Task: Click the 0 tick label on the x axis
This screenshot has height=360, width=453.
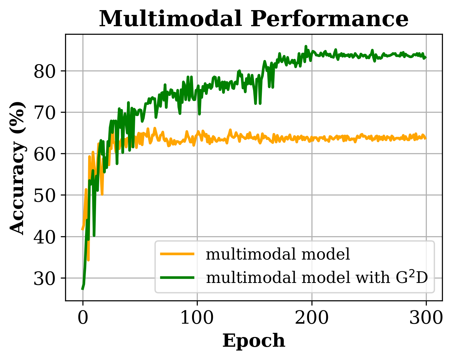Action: [x=83, y=318]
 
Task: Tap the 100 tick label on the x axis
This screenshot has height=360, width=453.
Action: [x=197, y=318]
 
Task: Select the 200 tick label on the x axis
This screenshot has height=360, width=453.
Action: [x=312, y=318]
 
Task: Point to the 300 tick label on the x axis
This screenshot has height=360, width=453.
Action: [x=426, y=318]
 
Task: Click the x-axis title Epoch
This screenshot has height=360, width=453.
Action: [x=254, y=341]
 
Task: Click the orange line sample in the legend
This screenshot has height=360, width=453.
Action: [x=177, y=254]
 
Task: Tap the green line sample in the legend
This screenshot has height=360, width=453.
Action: [x=177, y=278]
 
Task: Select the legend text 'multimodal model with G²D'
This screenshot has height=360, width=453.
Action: [x=317, y=278]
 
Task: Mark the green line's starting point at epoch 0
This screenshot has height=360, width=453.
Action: [x=82, y=289]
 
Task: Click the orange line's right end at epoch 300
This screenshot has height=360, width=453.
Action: [x=426, y=138]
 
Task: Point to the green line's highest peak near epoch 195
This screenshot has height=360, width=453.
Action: [x=306, y=46]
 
